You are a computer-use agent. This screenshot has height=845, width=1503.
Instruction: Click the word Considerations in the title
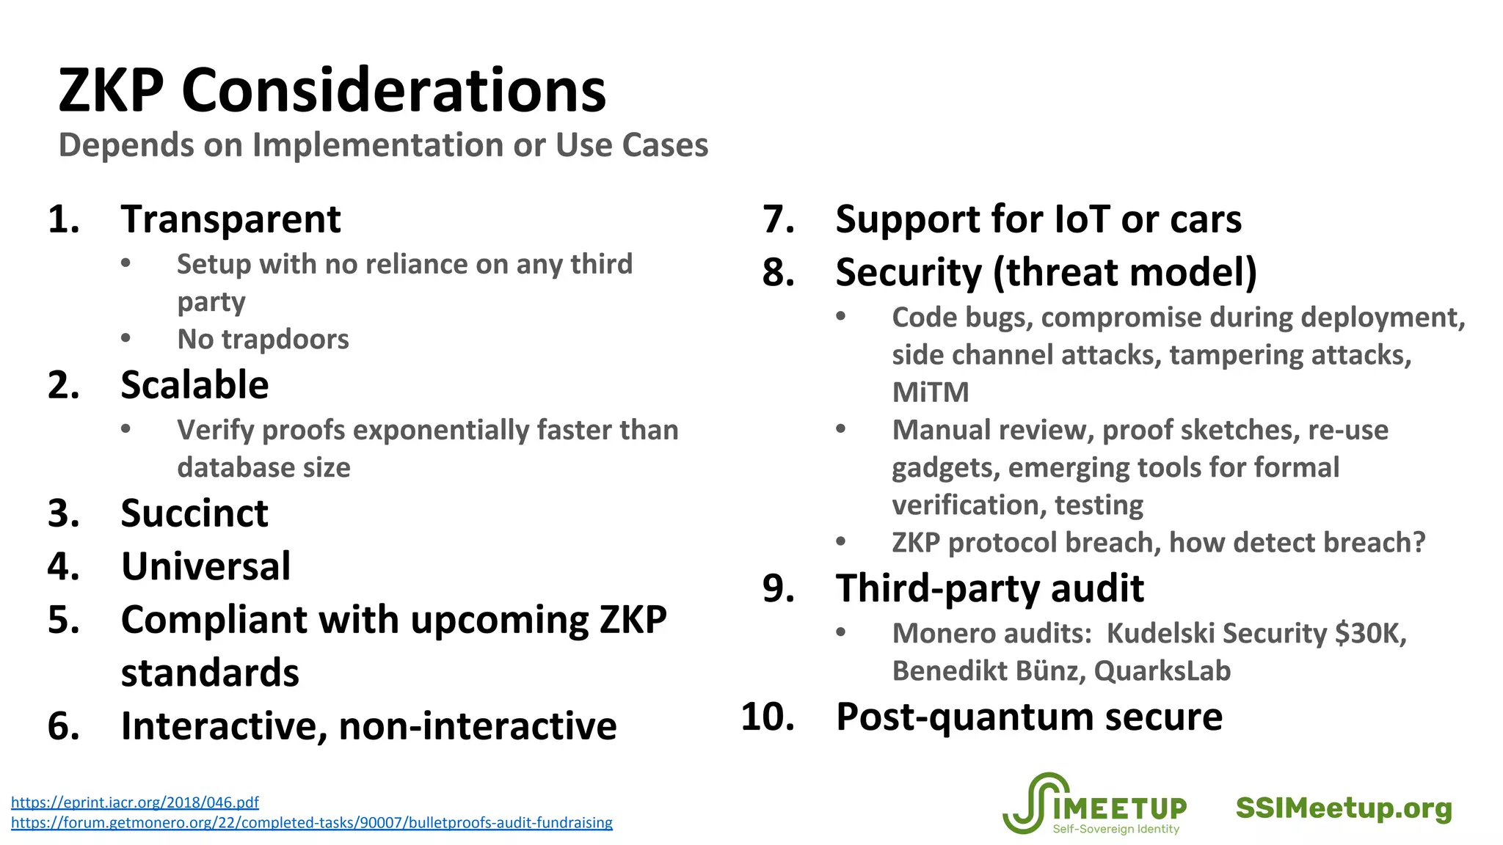click(393, 91)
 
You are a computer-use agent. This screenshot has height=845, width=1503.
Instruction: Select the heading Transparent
click(230, 219)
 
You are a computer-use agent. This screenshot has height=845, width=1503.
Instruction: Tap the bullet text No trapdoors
click(263, 340)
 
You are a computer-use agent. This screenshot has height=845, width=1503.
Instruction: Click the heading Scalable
click(194, 385)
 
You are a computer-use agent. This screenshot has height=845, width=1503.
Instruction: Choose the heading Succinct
click(194, 513)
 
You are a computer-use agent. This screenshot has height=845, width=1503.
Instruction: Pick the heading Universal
click(205, 566)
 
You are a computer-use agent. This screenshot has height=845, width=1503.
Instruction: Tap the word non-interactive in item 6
click(477, 726)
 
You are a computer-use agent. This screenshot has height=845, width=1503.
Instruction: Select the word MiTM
click(930, 392)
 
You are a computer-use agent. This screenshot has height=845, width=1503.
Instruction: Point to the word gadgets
click(942, 468)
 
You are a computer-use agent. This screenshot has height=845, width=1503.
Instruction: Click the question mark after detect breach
click(1418, 543)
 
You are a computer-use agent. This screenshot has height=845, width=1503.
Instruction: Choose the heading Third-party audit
click(989, 588)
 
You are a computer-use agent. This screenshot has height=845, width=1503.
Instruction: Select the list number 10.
click(767, 717)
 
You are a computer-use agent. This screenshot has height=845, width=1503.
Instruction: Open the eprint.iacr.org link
click(135, 802)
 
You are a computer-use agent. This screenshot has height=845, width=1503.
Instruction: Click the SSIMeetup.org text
click(1343, 808)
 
